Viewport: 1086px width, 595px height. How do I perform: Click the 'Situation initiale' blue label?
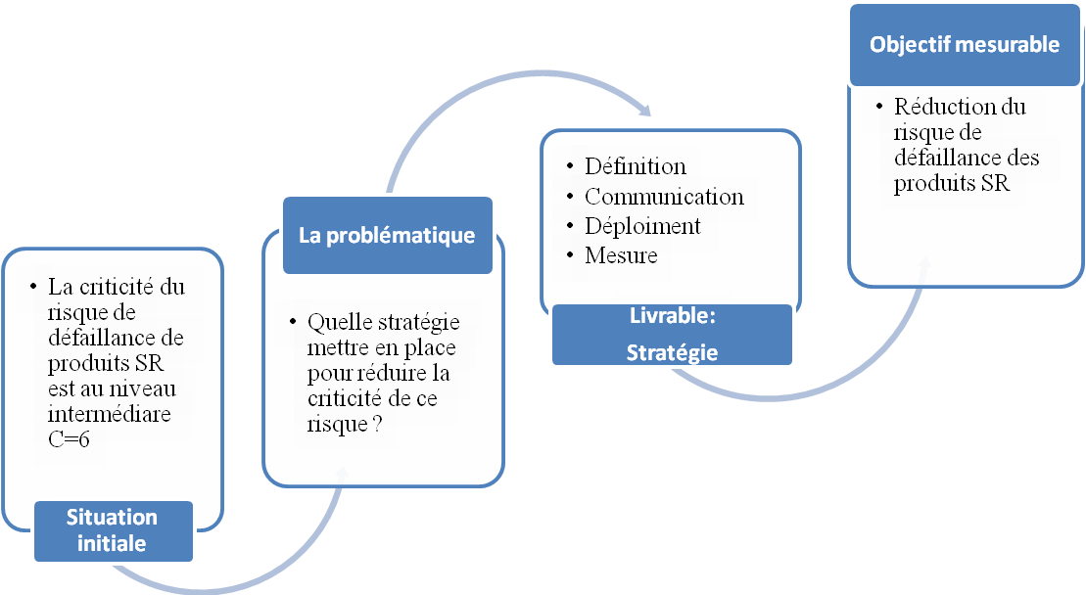[114, 530]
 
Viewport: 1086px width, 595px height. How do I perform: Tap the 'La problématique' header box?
[388, 235]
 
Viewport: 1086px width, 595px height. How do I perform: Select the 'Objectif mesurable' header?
[965, 45]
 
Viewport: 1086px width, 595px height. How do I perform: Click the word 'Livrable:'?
[673, 315]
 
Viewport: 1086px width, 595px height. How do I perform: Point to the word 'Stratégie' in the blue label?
[673, 353]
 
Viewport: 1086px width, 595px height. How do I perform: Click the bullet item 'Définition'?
[636, 166]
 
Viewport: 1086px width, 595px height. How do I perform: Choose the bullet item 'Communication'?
[664, 197]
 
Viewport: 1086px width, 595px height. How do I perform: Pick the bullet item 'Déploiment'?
[642, 226]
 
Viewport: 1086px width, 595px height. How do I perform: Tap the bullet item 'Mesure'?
[621, 255]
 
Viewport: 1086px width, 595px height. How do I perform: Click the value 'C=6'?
[69, 439]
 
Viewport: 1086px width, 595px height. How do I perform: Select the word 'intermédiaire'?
[110, 414]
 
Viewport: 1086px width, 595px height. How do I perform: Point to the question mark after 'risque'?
[377, 424]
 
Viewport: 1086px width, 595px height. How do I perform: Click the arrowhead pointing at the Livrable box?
[644, 110]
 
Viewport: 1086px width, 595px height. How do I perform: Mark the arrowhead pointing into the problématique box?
[342, 474]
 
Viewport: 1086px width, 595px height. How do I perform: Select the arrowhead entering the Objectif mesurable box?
[924, 266]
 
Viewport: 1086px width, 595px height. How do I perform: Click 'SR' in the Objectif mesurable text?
[995, 183]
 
